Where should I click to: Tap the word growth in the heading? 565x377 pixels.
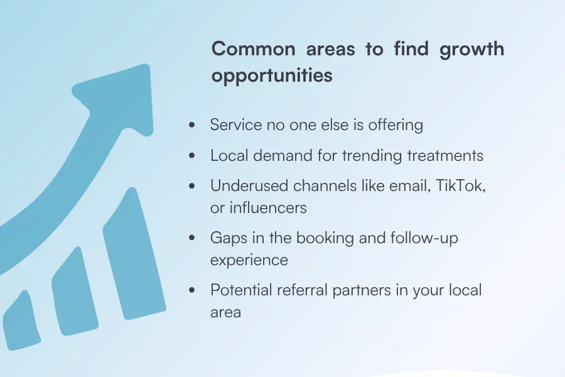(x=471, y=49)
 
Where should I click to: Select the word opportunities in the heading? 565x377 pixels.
(x=271, y=75)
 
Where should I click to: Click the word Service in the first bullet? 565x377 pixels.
(x=235, y=125)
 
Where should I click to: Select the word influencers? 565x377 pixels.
(x=267, y=207)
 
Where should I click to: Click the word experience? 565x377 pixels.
(x=249, y=260)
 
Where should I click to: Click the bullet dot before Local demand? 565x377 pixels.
(x=192, y=156)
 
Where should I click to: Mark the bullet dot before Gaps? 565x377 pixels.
(x=192, y=239)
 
